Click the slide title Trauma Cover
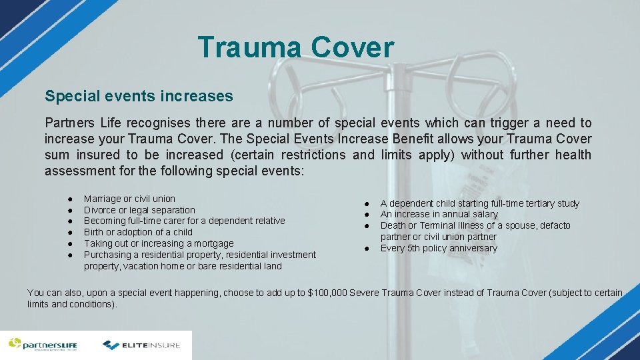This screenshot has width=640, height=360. pos(296,48)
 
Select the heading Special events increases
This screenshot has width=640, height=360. pos(139,96)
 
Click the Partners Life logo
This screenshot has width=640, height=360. pos(43,345)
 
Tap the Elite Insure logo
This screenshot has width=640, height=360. pos(141,345)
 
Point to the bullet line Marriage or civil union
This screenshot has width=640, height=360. pos(129,199)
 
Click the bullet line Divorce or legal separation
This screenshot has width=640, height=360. pos(139,210)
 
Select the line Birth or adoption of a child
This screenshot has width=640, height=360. pos(138,232)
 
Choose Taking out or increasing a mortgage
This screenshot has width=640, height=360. pos(159,243)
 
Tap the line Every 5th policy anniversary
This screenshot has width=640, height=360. pos(439,248)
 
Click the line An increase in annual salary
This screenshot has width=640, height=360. pos(439,214)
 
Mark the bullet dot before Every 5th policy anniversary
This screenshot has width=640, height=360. pos(366,249)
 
